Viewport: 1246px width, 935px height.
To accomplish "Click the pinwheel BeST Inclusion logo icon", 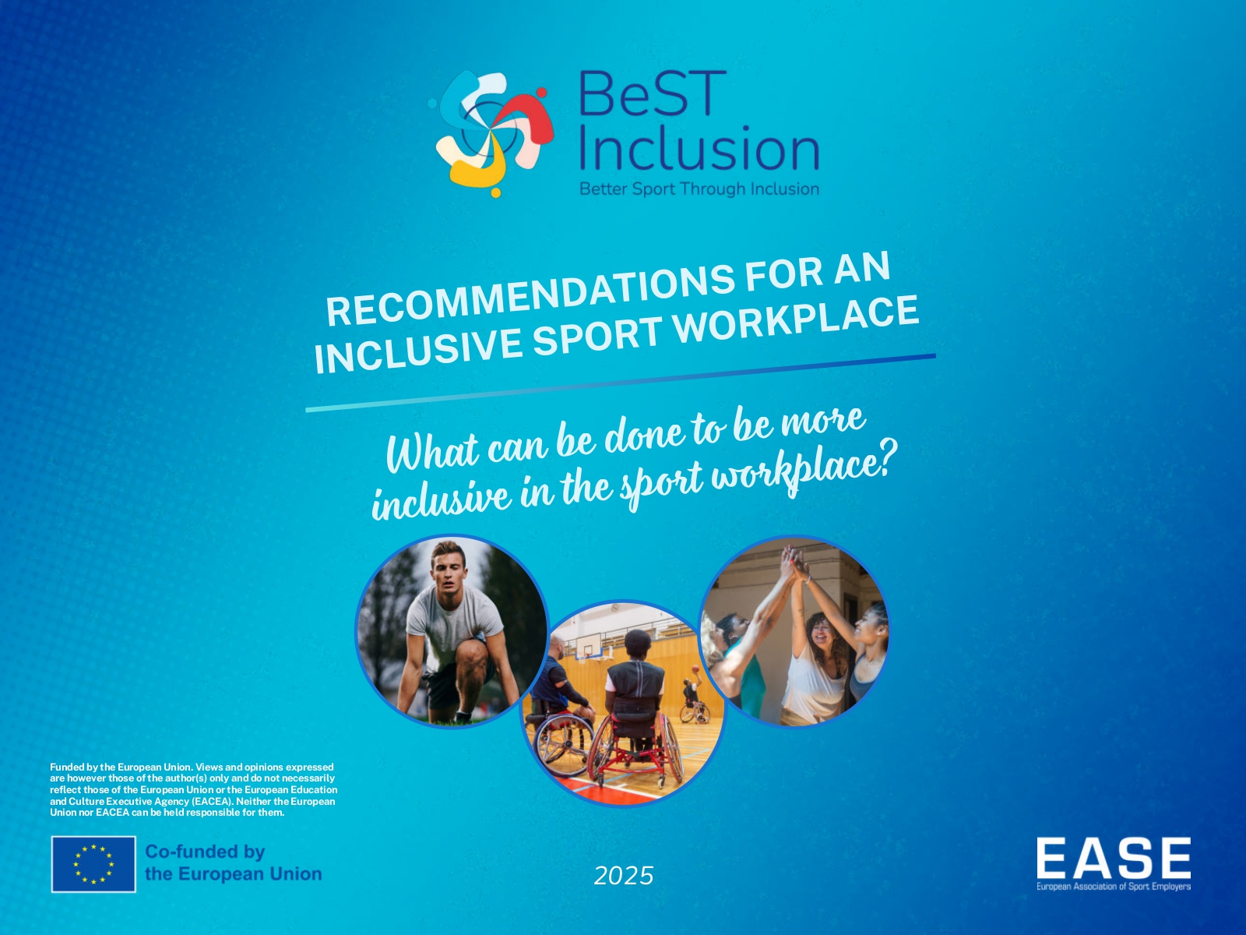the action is click(491, 134).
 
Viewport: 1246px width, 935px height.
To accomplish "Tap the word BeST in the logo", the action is click(653, 93).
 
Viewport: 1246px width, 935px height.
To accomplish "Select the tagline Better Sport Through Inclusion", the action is click(699, 189).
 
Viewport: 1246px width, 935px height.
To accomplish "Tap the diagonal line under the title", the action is click(621, 383).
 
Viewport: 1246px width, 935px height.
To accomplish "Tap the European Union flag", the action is click(93, 864).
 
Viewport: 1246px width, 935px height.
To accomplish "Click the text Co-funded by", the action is click(205, 852).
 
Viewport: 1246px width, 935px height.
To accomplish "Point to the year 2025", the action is click(624, 876).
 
